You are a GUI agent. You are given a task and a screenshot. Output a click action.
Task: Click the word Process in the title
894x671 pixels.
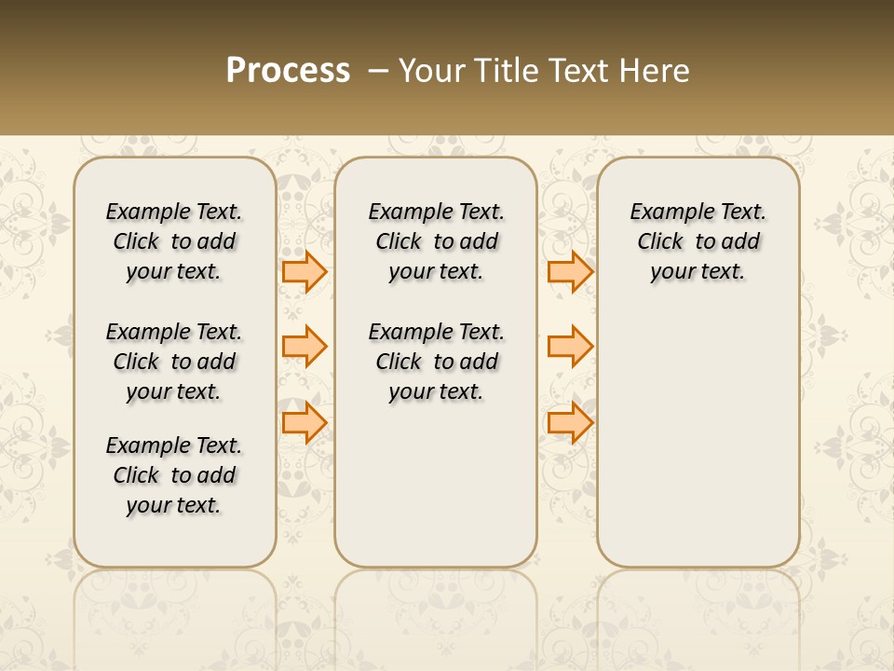[288, 71]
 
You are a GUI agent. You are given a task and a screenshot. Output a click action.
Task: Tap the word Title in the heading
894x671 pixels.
[506, 71]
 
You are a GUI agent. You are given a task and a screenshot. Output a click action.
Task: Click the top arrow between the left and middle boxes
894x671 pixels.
[305, 271]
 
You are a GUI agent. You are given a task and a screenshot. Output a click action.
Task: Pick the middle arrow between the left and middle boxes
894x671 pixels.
[305, 347]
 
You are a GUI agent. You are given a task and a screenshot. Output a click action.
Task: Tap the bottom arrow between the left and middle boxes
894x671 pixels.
[305, 422]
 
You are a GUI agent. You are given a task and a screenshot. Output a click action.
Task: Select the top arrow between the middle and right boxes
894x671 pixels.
[570, 271]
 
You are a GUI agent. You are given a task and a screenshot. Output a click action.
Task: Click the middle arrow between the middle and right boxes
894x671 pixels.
[570, 347]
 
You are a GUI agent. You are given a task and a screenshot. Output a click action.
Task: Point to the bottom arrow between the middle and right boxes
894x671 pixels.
[570, 422]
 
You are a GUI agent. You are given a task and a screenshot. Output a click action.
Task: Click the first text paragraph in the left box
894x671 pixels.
[174, 241]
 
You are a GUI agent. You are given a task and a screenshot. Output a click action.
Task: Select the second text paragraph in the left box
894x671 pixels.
[174, 362]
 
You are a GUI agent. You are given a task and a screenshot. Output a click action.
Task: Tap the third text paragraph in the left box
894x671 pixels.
[174, 475]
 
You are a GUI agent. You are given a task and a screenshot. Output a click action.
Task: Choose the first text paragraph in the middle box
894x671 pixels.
[436, 241]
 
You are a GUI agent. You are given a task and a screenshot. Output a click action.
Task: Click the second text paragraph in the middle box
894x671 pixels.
[436, 362]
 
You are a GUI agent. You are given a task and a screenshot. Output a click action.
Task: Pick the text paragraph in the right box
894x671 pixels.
[698, 241]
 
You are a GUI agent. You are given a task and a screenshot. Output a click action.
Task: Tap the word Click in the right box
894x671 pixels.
[660, 241]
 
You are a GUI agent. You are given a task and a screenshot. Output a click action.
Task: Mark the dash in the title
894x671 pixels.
[378, 71]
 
